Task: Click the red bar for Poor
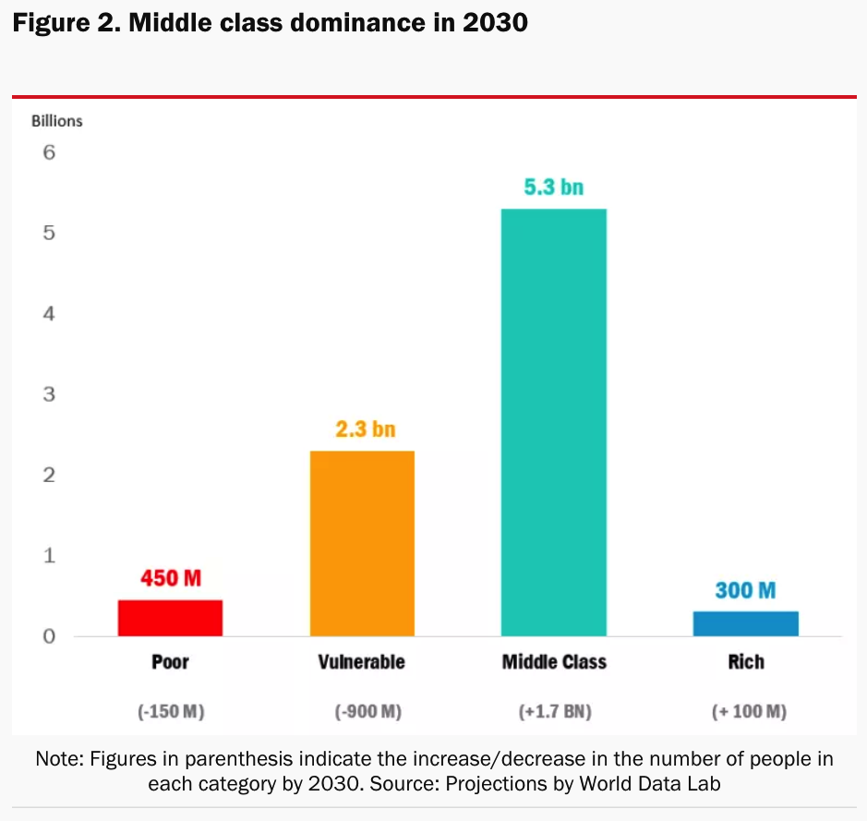point(170,618)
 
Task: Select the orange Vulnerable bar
point(361,543)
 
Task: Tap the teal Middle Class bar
point(553,422)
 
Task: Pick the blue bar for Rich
point(745,623)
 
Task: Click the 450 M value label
point(170,579)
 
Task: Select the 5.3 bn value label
point(553,187)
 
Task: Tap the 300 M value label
point(745,590)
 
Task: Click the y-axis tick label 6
point(49,152)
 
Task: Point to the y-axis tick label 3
point(49,394)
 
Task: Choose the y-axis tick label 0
point(49,636)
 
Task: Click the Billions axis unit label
point(57,121)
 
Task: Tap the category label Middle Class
point(554,662)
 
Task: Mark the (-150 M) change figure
point(170,712)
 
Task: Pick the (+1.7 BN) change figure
point(554,712)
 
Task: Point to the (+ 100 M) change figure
point(748,712)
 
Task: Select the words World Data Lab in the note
point(661,783)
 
